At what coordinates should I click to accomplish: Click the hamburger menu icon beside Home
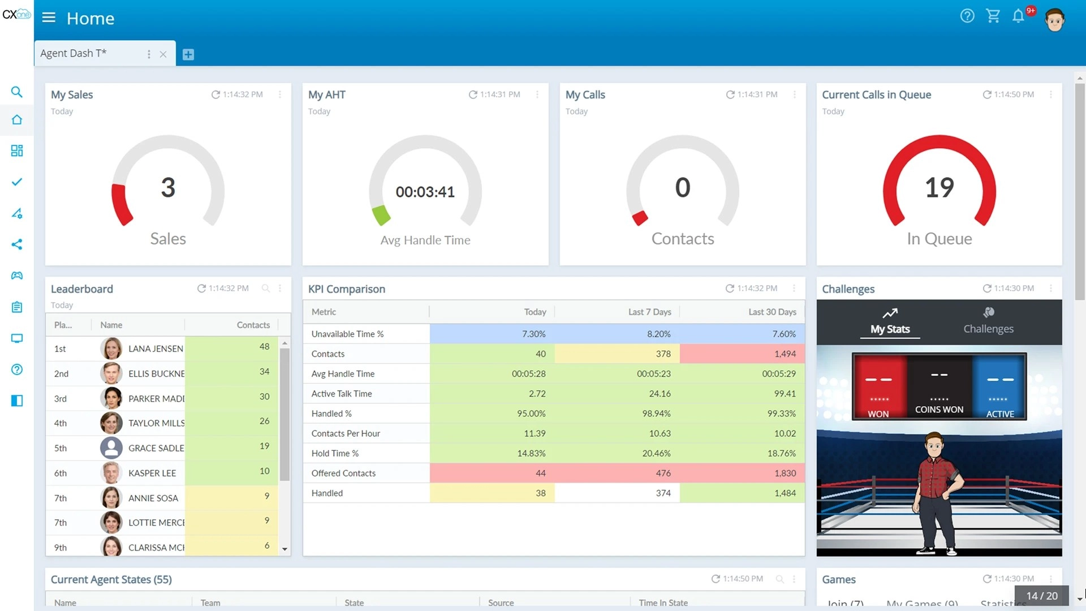pos(49,18)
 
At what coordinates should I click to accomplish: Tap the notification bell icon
pos(1018,16)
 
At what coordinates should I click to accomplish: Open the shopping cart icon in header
pos(993,16)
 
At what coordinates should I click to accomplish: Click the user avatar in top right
pos(1054,20)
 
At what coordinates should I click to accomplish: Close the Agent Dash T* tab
pos(163,54)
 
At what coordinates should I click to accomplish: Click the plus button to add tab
pos(188,54)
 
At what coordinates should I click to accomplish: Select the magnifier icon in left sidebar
pos(17,92)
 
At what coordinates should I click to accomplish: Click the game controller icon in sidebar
pos(17,276)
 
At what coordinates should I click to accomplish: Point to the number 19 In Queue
pos(939,188)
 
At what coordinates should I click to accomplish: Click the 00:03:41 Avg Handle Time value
pos(425,192)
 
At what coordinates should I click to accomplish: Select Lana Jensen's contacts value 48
pos(264,347)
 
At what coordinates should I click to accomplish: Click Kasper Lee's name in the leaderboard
pos(152,473)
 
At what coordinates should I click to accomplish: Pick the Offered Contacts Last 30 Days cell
pos(785,473)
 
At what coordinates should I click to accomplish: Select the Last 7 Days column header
pos(649,312)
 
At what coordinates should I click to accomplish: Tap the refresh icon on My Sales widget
pos(216,94)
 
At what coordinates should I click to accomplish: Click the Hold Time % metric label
pos(335,453)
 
